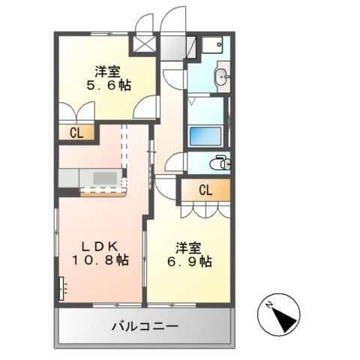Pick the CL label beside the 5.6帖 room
pos(76,133)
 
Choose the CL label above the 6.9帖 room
pos(205,190)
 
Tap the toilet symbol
pos(220,162)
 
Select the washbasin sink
pos(221,76)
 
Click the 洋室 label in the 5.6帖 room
pos(107,71)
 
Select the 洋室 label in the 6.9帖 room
pos(188,246)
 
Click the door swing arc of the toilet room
pos(177,162)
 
